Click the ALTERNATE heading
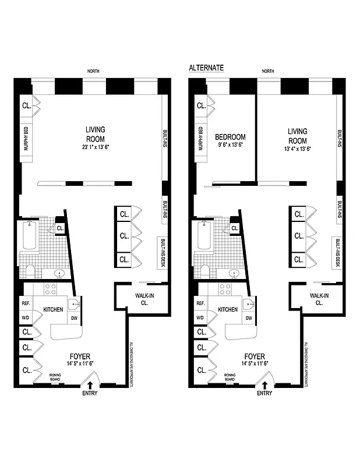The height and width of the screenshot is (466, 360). click(x=206, y=68)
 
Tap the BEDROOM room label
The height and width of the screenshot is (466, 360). click(x=230, y=137)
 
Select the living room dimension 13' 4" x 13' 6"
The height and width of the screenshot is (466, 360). click(x=297, y=149)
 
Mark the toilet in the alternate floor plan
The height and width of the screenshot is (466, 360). click(x=204, y=271)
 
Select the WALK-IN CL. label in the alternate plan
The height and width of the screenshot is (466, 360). click(x=319, y=299)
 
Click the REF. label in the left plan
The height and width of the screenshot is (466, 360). click(x=26, y=303)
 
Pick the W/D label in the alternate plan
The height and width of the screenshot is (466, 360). click(x=200, y=318)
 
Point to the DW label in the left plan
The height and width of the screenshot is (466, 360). click(x=74, y=318)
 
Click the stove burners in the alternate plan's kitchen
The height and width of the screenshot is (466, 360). click(x=225, y=288)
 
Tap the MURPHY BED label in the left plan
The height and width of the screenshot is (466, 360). click(x=26, y=139)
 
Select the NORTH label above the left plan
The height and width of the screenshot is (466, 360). click(x=93, y=71)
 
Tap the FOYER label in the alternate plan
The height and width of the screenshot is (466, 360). click(x=255, y=356)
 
